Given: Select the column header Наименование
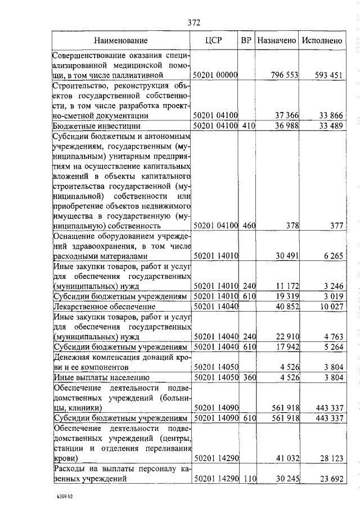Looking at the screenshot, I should (121, 40).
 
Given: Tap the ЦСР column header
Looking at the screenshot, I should (214, 40).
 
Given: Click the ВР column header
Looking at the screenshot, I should (246, 40).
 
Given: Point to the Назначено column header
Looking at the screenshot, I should (276, 40).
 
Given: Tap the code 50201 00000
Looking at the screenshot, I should (216, 75).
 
